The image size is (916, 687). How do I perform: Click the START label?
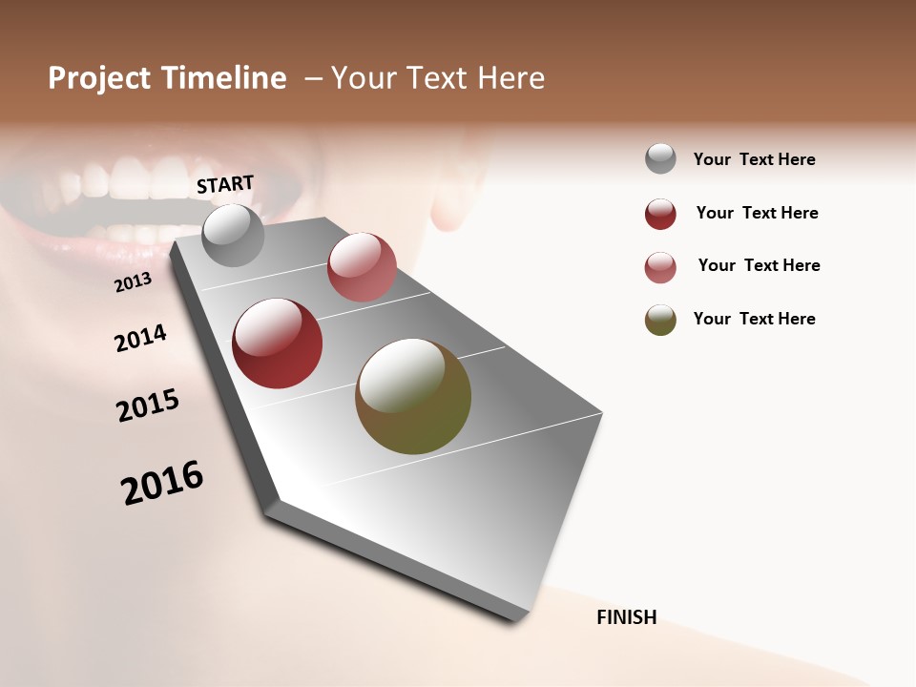(x=225, y=184)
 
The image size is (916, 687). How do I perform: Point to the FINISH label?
(x=627, y=617)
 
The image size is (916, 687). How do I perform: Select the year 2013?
(x=133, y=282)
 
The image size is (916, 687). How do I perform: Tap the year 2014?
(x=140, y=338)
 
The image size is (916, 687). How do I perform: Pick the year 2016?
(x=162, y=483)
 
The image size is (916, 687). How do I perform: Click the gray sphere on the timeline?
(x=234, y=236)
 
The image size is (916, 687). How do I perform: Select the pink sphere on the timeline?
(x=362, y=267)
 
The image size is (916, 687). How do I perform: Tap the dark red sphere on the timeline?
(x=278, y=343)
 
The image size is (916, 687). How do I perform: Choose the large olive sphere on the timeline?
(x=413, y=396)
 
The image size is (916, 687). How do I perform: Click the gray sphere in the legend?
(x=660, y=159)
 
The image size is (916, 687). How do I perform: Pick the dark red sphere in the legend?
(x=660, y=214)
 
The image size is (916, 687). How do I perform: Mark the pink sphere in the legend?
(x=660, y=267)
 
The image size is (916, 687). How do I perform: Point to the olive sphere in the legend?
(x=660, y=320)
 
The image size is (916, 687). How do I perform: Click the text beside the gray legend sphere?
(x=755, y=160)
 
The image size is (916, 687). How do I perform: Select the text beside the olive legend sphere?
(x=755, y=319)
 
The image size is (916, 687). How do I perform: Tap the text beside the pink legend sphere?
(x=760, y=265)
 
